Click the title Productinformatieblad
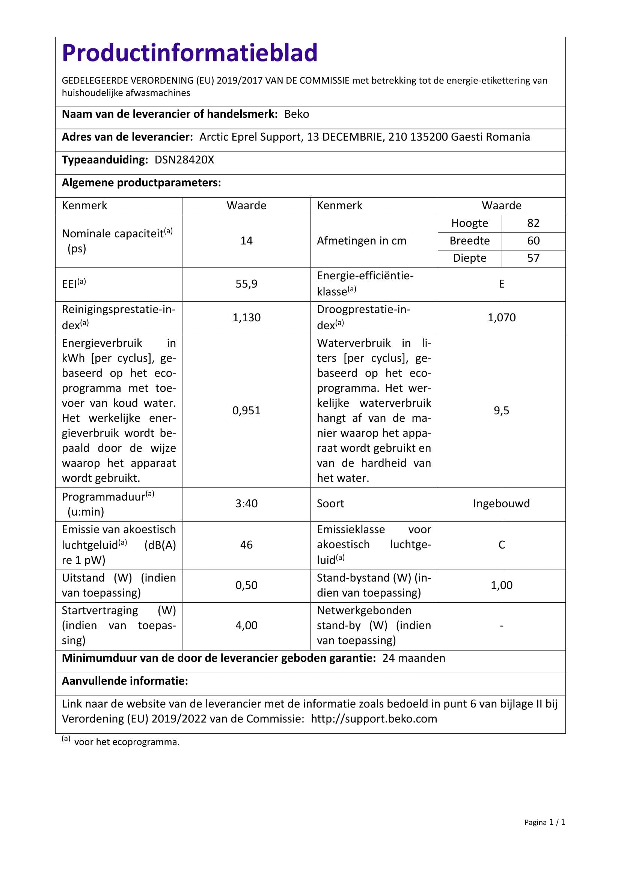pos(190,53)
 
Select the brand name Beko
pos(296,114)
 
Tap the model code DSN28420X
pos(184,160)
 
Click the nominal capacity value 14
pos(246,241)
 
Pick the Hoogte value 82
pos(533,223)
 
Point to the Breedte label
pos(469,241)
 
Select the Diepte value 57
pos(533,258)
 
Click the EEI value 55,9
pos(246,284)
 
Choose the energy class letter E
pos(501,284)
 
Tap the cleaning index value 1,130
pos(246,318)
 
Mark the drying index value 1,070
pos(501,318)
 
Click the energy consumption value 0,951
pos(246,411)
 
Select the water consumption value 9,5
pos(501,411)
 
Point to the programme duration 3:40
pos(246,504)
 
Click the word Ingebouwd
pos(501,504)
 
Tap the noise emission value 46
pos(246,545)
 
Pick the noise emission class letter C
pos(501,545)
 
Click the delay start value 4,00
pos(246,625)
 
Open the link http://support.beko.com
pos(374,719)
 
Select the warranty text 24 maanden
pos(413,658)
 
